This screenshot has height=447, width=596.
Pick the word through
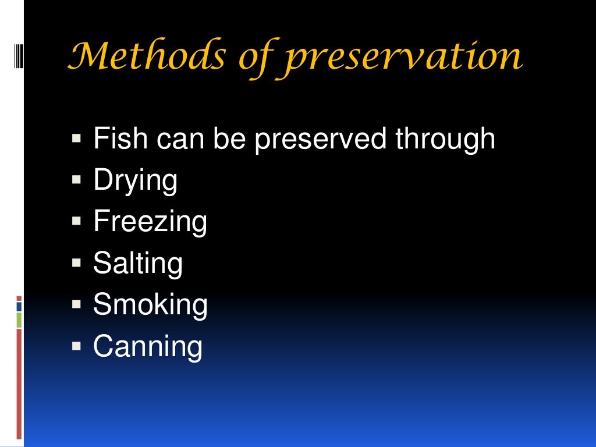click(x=445, y=140)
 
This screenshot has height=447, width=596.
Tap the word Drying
click(x=135, y=181)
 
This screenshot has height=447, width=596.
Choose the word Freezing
click(x=150, y=222)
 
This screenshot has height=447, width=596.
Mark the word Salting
click(x=137, y=263)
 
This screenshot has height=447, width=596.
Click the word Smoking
click(x=150, y=304)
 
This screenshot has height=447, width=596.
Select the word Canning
click(x=148, y=346)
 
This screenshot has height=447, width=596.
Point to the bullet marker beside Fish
click(x=76, y=139)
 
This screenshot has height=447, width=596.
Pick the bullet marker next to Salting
click(x=76, y=263)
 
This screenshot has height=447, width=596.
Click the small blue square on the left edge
click(x=19, y=306)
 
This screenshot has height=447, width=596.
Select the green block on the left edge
click(x=19, y=320)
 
